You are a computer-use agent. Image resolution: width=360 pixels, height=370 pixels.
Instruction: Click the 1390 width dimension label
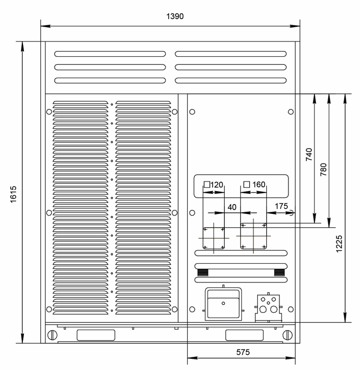[x=175, y=16]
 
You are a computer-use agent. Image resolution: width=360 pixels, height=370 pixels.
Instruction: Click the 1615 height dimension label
[x=13, y=194]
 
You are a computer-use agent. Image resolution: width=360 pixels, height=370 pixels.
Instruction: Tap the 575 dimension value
[x=243, y=352]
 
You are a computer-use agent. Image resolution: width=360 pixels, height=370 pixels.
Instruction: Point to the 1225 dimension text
[x=339, y=244]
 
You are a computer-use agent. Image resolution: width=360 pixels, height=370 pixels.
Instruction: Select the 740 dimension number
[x=309, y=154]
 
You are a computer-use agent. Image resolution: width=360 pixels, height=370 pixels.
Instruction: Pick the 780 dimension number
[x=323, y=169]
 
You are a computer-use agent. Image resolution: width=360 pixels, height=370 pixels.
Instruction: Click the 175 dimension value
[x=282, y=206]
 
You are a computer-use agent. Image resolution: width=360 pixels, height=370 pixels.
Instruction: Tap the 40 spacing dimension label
[x=232, y=207]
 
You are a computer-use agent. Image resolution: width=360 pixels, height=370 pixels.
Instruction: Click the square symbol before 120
[x=207, y=184]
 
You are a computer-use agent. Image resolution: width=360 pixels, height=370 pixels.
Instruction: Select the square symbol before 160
[x=247, y=184]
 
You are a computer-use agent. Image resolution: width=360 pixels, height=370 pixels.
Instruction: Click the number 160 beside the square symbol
[x=259, y=184]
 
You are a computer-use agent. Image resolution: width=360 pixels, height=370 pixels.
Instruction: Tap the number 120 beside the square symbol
[x=216, y=185]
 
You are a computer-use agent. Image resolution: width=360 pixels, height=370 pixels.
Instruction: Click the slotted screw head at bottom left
[x=52, y=335]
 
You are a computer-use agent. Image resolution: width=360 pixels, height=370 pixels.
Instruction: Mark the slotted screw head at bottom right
[x=287, y=335]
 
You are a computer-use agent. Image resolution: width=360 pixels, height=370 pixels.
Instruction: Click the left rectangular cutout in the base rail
[x=96, y=335]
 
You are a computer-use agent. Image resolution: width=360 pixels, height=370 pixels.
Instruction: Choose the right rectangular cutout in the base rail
[x=244, y=335]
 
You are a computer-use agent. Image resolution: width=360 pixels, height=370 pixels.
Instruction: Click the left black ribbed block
[x=203, y=272]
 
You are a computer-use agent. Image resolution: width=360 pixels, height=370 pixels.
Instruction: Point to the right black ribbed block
[x=279, y=272]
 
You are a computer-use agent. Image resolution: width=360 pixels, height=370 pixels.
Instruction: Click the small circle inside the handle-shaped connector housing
[x=223, y=303]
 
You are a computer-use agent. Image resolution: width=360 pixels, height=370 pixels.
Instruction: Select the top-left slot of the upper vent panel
[x=110, y=54]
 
